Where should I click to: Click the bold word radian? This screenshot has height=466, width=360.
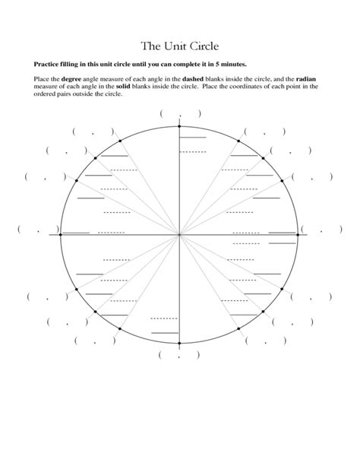click(x=308, y=79)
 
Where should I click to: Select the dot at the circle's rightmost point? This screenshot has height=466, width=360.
click(x=298, y=235)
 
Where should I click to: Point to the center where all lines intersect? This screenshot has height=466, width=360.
click(x=180, y=235)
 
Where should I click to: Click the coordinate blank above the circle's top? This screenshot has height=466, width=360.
click(x=180, y=114)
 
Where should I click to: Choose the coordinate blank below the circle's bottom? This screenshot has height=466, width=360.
click(x=180, y=355)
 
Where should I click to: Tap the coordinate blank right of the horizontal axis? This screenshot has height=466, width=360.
click(x=322, y=229)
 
